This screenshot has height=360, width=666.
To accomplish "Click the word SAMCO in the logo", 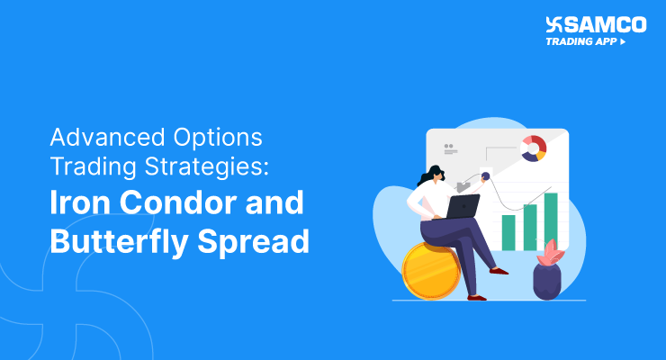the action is pyautogui.click(x=606, y=24).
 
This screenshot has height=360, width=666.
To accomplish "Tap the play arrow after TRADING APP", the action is pyautogui.click(x=623, y=41).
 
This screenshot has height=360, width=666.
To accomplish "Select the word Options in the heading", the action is pyautogui.click(x=218, y=138).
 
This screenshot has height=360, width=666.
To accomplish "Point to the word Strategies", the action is pyautogui.click(x=207, y=166).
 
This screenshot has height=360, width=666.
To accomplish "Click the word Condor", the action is pyautogui.click(x=178, y=202).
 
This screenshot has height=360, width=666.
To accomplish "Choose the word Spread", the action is pyautogui.click(x=254, y=240).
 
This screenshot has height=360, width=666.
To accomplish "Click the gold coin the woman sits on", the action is pyautogui.click(x=430, y=271).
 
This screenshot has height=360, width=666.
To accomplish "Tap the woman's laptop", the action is pyautogui.click(x=462, y=206).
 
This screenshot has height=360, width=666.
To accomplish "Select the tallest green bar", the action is pyautogui.click(x=551, y=221).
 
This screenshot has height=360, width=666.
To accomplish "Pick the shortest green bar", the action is pyautogui.click(x=508, y=232).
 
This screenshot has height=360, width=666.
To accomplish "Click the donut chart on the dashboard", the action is pyautogui.click(x=534, y=148).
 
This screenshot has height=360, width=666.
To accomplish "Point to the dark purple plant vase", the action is pyautogui.click(x=547, y=281).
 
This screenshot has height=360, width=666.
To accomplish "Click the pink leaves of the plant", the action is pyautogui.click(x=551, y=253).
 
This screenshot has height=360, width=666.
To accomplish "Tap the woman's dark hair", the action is pyautogui.click(x=429, y=175).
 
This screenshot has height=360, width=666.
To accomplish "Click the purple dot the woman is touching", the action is pyautogui.click(x=485, y=175).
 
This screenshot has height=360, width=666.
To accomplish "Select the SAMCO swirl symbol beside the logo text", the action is pyautogui.click(x=554, y=24).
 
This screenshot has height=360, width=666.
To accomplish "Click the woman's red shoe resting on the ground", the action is pyautogui.click(x=477, y=298).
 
